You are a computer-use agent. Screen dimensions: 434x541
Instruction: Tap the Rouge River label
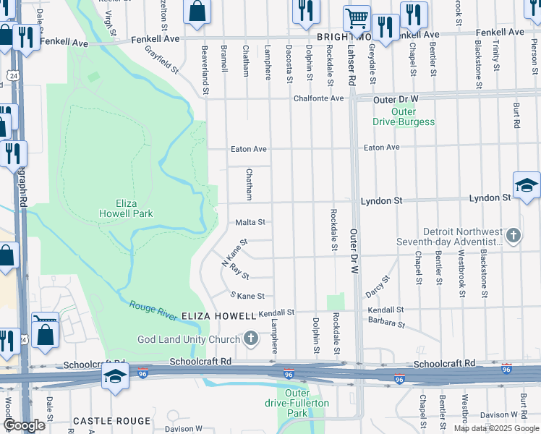[x=153, y=310]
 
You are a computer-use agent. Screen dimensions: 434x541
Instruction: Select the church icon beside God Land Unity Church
[x=250, y=339]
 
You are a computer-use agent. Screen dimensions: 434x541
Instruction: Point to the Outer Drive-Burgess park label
[x=404, y=116]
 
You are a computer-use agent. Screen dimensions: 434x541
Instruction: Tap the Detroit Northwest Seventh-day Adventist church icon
[x=513, y=235]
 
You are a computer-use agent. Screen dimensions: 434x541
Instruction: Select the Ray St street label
[x=239, y=271]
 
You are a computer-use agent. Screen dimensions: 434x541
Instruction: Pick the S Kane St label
[x=247, y=296]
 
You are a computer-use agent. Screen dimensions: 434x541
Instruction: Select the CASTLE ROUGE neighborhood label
[x=112, y=420]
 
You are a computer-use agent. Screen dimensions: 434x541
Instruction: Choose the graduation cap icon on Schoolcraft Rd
[x=115, y=377]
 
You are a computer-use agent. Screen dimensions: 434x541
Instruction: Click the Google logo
[x=24, y=426]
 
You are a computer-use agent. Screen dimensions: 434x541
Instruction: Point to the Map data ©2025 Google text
[x=496, y=428]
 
